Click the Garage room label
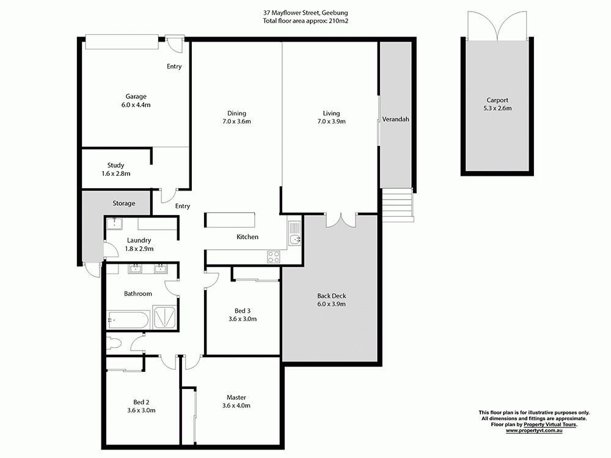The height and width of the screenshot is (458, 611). tap(136, 96)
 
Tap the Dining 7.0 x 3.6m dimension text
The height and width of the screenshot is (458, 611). tap(236, 122)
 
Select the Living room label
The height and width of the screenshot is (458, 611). tap(331, 113)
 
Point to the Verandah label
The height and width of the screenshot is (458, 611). tap(395, 119)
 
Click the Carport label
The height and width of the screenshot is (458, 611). tap(497, 100)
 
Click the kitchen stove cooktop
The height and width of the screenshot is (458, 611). tap(273, 257)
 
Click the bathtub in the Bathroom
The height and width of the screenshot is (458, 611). tap(128, 319)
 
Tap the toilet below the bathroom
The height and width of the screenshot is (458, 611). tap(114, 343)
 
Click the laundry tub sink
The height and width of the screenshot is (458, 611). tap(113, 224)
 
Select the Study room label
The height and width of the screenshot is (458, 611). tap(115, 165)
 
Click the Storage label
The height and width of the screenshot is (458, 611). tap(123, 203)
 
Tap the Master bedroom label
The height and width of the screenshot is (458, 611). tap(236, 397)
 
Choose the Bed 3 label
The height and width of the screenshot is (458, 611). tap(242, 310)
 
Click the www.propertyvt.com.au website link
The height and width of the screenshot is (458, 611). tap(533, 431)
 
